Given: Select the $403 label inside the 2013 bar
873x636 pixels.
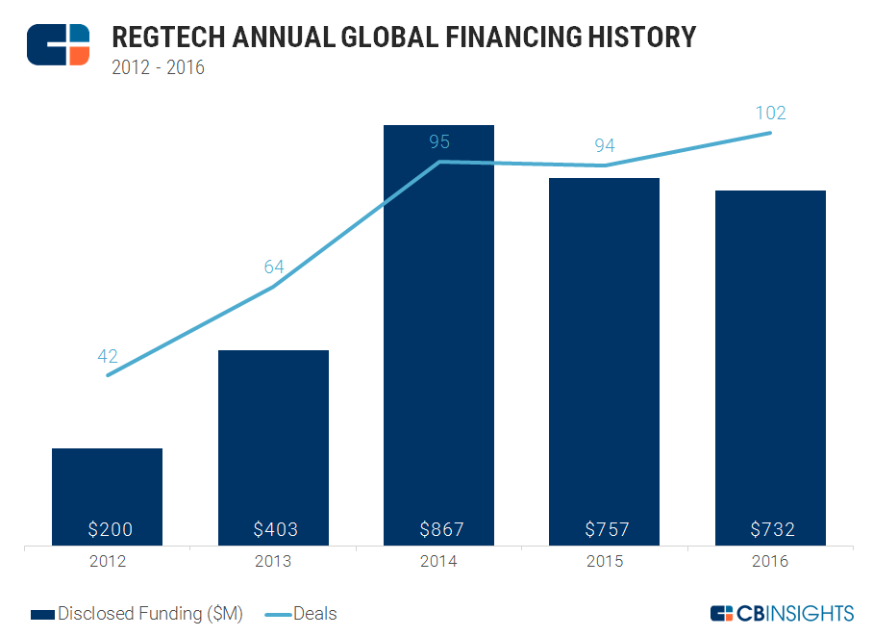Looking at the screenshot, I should click(275, 529).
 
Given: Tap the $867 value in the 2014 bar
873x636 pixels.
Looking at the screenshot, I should click(440, 529).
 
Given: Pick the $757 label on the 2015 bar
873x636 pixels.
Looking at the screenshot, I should click(606, 529).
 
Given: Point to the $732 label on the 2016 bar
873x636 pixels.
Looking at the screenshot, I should click(771, 529).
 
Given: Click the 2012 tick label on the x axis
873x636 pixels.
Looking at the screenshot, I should click(108, 562).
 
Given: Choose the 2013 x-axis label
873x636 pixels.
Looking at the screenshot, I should click(274, 562).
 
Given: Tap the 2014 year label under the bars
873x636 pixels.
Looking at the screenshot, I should click(439, 562).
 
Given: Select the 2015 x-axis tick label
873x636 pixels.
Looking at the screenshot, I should click(605, 562).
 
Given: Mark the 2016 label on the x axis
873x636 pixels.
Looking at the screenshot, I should click(770, 562).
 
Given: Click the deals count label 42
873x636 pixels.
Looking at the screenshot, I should click(108, 356).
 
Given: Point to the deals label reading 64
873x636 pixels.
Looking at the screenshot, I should click(274, 267).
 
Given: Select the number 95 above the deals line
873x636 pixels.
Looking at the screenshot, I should click(439, 142).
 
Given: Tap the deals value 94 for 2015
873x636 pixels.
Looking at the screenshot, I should click(605, 146).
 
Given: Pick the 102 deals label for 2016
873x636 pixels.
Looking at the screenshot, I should click(770, 114).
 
